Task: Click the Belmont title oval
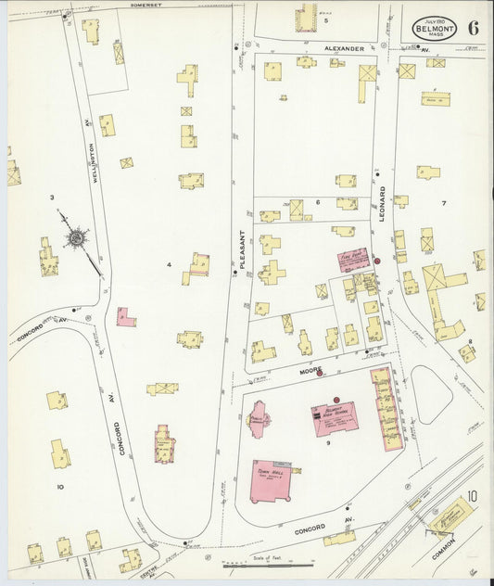pos(435,28)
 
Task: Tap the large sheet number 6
pos(474,27)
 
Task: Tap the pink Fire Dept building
pos(353,259)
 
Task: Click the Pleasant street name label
pos(244,249)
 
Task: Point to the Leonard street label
pos(382,202)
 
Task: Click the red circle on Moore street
pos(320,375)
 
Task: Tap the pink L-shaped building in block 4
pos(125,318)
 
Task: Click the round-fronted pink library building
pos(259,419)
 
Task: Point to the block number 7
pos(443,202)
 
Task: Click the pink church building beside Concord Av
pos(164,443)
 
